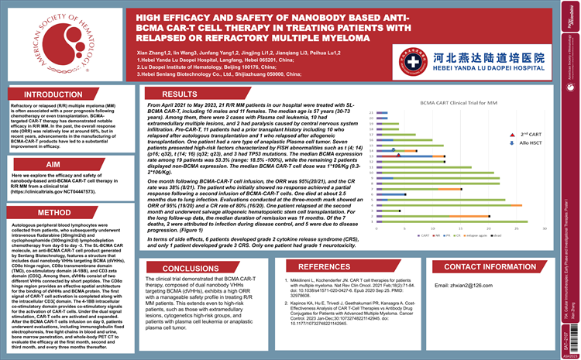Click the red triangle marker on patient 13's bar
tap(398, 156)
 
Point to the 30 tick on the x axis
tap(545, 229)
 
